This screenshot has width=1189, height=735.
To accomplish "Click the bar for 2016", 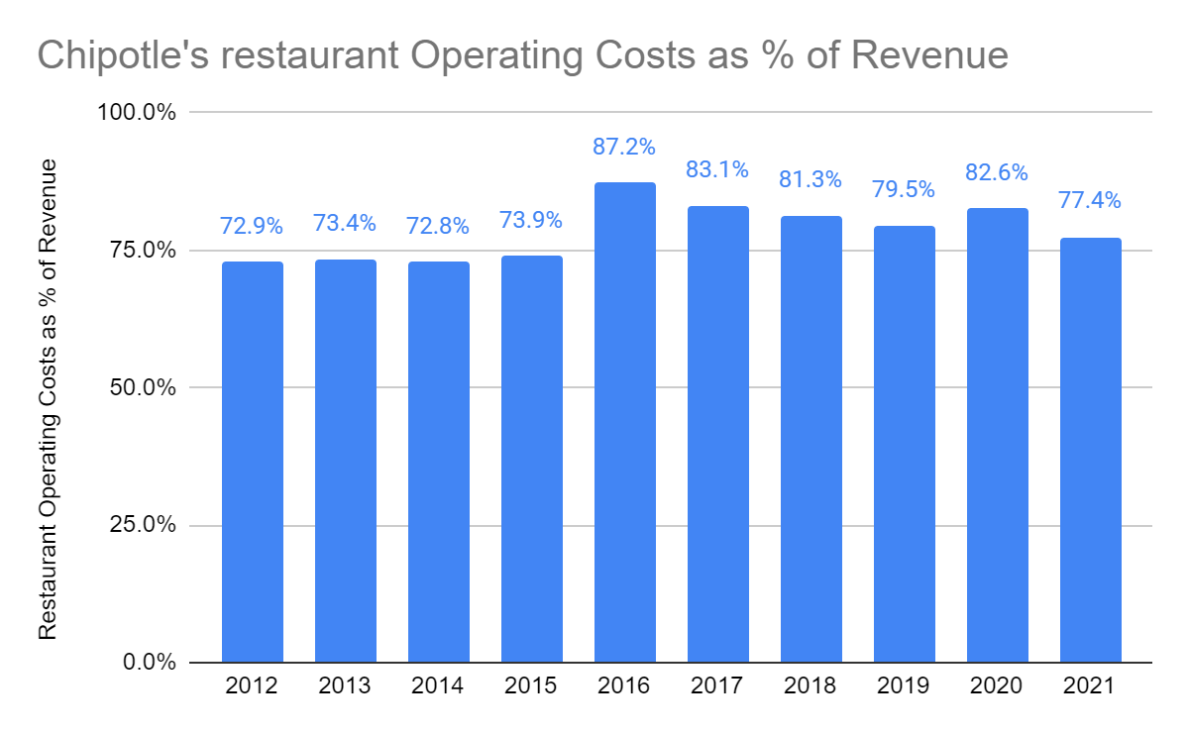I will coord(624,422).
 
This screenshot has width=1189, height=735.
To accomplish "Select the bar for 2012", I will coord(252,462).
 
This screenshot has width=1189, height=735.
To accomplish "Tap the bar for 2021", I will coord(1090,450).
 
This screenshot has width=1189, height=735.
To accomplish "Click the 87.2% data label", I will coord(624,148).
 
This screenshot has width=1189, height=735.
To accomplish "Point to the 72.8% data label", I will coord(438,226).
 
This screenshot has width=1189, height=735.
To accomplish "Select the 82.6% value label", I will coord(997,172).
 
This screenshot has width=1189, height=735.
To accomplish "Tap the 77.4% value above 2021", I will coord(1090,201).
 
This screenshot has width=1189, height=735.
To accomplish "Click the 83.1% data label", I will coord(717,170).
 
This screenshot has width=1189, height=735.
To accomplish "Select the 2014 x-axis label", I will coord(438,686).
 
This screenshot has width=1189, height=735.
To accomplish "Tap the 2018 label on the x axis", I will coord(811,686).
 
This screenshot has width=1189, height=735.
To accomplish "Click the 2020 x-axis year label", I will coord(997,686).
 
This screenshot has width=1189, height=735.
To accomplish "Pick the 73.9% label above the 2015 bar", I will coord(531,220).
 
